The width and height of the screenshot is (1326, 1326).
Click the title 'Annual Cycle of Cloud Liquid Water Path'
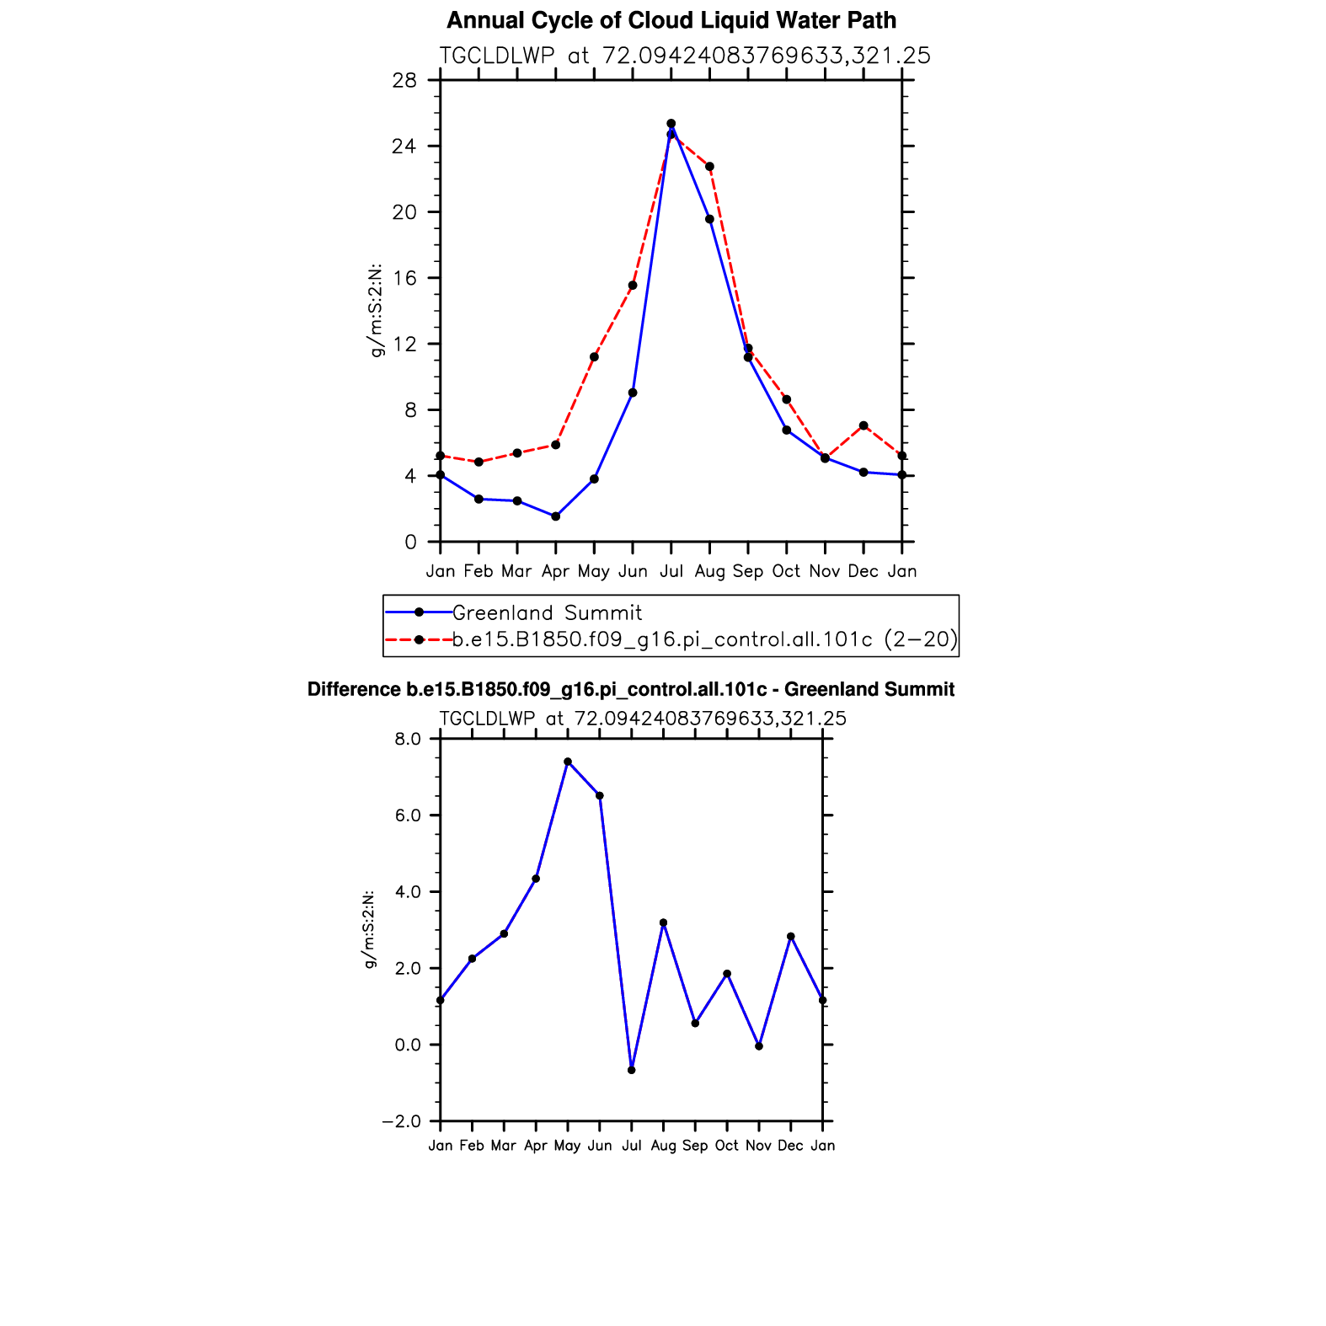point(671,20)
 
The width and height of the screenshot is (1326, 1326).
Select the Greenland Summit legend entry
point(547,612)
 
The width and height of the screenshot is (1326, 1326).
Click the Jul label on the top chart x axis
point(671,571)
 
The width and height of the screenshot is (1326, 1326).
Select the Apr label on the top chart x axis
point(555,571)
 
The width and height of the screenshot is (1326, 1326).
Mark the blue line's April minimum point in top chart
point(555,516)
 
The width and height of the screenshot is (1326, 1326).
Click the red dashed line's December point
point(864,425)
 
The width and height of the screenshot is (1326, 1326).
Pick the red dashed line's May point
point(594,356)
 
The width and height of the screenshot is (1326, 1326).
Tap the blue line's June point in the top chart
point(633,393)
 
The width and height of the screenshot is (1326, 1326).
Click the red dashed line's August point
point(709,166)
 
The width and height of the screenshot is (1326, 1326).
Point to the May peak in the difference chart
point(568,762)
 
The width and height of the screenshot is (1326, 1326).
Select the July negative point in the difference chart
point(632,1070)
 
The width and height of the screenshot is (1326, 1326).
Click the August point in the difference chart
point(663,922)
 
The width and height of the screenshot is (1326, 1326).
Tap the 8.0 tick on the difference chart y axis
point(408,739)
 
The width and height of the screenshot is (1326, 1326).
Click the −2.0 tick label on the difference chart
point(402,1121)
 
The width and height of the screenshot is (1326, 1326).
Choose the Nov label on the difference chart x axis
point(758,1146)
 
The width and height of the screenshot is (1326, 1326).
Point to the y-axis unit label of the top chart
point(377,310)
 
